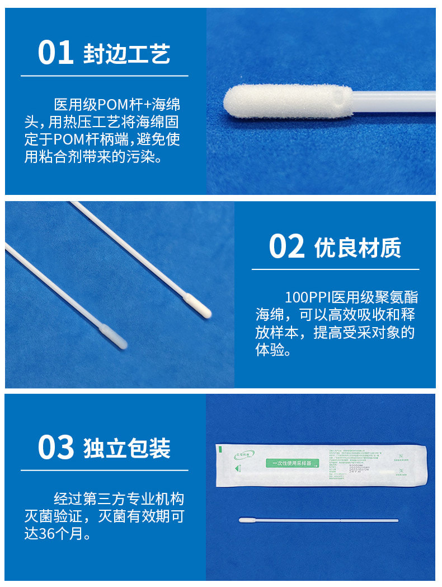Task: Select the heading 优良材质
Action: [358, 248]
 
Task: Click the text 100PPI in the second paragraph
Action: [308, 297]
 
